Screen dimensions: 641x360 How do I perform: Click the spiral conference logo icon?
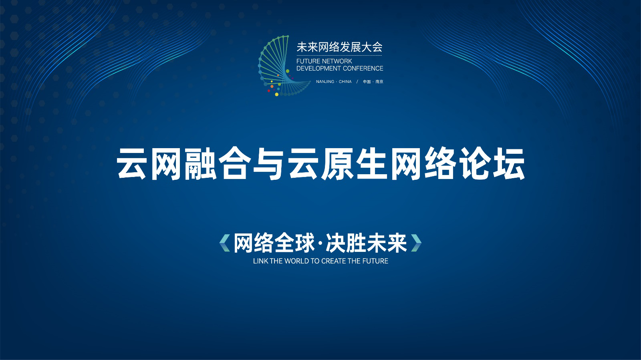283,66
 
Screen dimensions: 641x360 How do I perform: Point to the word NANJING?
325,82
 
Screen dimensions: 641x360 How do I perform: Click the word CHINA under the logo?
345,82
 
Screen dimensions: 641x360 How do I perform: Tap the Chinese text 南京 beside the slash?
379,82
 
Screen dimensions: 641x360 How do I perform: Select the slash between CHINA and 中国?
357,82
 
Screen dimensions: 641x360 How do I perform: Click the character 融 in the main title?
200,163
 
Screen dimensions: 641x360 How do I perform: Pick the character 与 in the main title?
268,163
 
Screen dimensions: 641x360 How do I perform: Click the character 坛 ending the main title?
508,163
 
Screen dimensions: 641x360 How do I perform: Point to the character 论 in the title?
474,163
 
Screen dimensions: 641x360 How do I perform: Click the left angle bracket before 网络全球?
225,243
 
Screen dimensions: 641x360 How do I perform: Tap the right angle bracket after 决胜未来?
416,243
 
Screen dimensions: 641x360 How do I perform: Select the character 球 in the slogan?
304,243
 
